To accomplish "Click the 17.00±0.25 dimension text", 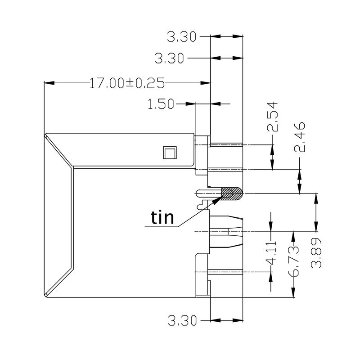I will [x=127, y=83].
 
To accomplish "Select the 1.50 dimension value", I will [x=161, y=104].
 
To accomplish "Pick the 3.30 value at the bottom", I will [x=182, y=321].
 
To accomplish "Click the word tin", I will [x=162, y=218].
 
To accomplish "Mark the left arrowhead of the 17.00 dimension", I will [x=49, y=83].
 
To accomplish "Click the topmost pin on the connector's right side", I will [x=226, y=145].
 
